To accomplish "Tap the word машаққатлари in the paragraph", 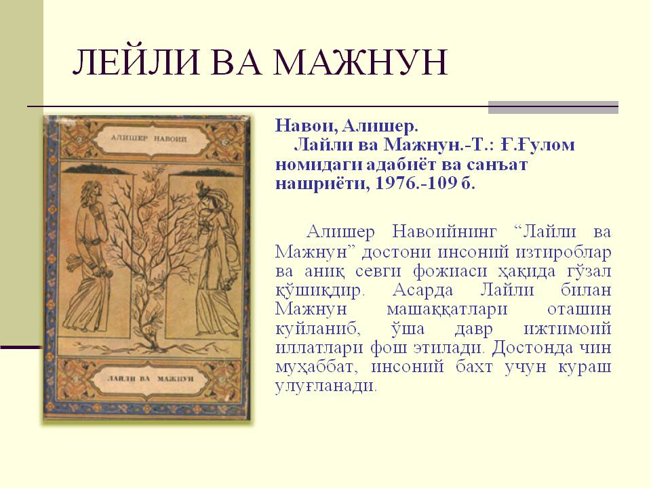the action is click(447, 310).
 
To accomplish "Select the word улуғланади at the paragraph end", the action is click(326, 386).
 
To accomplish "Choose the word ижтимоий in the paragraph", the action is click(568, 329).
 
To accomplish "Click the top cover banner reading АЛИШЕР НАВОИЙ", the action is click(149, 138).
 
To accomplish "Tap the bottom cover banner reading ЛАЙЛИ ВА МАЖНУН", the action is click(151, 378).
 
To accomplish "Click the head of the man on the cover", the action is click(92, 191).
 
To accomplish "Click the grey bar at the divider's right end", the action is click(553, 108).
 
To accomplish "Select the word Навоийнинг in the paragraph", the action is click(444, 232).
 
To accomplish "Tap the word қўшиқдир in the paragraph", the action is click(320, 291).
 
